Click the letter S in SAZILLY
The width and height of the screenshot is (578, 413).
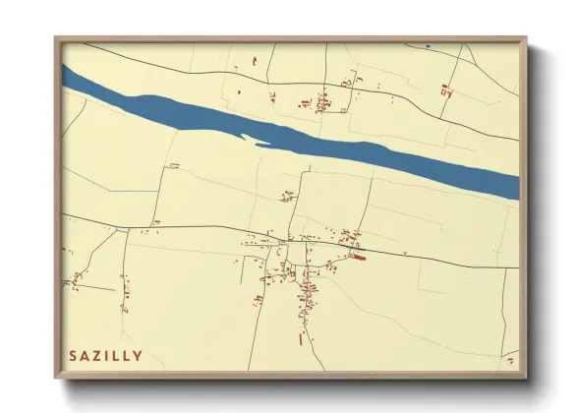tap(72, 356)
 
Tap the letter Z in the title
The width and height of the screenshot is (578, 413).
tap(95, 356)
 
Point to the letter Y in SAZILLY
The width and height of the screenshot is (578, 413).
tap(138, 356)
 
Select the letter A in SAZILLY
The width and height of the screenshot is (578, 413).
tap(84, 356)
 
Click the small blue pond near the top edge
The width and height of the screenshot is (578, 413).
tap(428, 46)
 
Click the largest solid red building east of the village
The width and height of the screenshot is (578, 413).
tap(358, 258)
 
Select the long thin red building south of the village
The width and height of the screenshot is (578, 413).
tap(300, 339)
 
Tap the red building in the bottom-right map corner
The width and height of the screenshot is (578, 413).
tap(509, 361)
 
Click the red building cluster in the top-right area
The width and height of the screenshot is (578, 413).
tap(446, 91)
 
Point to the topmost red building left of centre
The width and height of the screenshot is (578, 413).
tap(254, 62)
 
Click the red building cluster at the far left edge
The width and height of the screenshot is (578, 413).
tap(74, 283)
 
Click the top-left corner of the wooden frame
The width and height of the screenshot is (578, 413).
tap(56, 38)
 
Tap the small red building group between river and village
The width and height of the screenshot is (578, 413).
tap(287, 195)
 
